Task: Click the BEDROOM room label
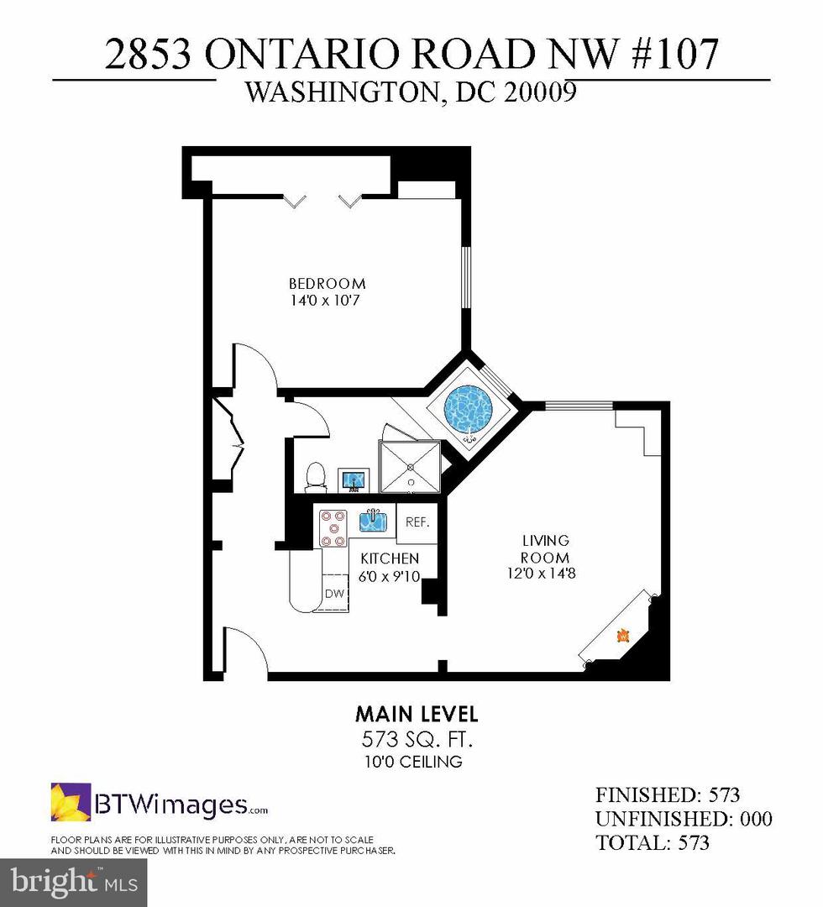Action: (x=327, y=283)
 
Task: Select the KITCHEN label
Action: (x=390, y=558)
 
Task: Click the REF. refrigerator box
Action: (x=417, y=522)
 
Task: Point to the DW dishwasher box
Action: (x=334, y=594)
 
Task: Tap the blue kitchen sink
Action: (x=373, y=522)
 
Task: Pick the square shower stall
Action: (x=410, y=466)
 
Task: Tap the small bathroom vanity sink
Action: (x=354, y=480)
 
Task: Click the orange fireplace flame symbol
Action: (x=622, y=636)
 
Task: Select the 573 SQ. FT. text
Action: (x=417, y=740)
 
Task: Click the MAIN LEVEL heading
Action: (x=417, y=715)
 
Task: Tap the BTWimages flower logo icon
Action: (x=71, y=802)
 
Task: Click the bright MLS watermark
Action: (x=74, y=882)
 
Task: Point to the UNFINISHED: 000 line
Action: (x=684, y=819)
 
